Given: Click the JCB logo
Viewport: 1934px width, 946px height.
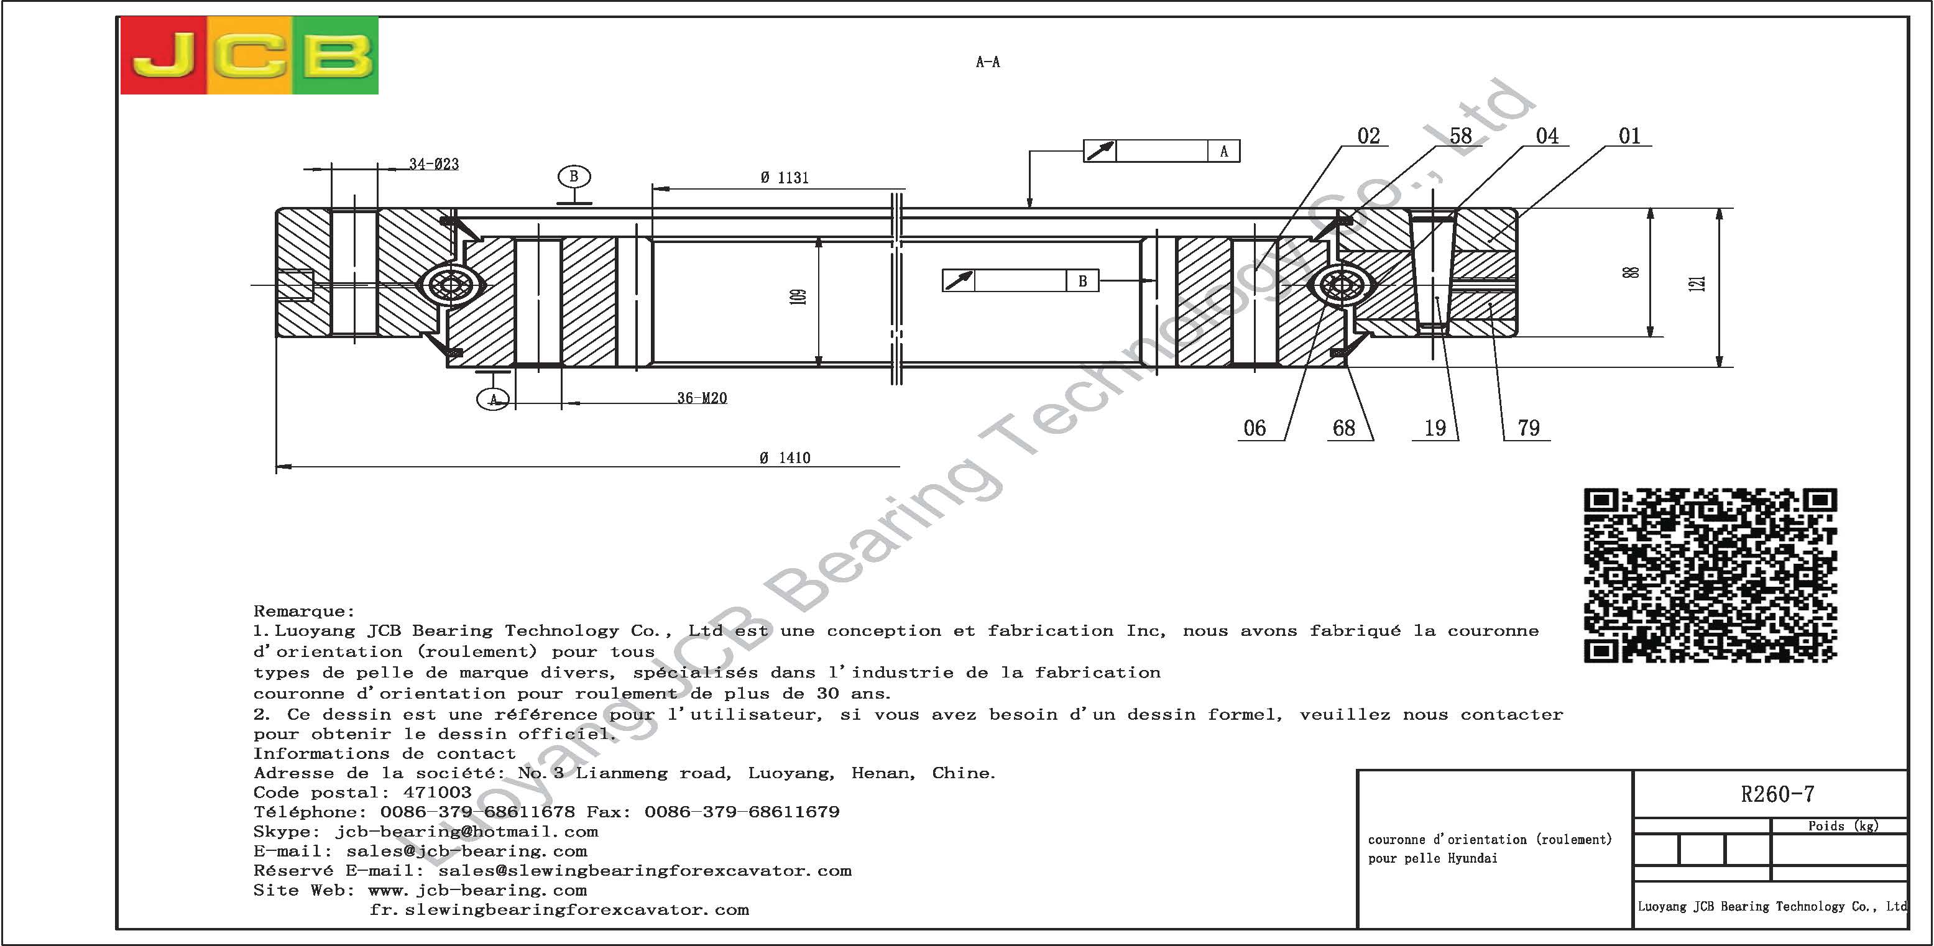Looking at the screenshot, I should (249, 55).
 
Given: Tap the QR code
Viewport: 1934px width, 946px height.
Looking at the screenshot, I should (1710, 575).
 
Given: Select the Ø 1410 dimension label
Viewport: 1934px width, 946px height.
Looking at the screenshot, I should (785, 458).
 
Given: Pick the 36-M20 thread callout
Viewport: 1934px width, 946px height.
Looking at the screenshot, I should (702, 398).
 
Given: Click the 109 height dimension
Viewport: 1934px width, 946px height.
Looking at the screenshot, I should (799, 297).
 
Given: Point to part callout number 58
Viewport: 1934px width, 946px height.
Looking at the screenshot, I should (1460, 136).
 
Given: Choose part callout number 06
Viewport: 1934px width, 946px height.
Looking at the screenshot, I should (1255, 428).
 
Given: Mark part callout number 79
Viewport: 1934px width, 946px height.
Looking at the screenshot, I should (1529, 428).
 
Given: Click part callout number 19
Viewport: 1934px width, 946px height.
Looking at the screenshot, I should (1435, 428).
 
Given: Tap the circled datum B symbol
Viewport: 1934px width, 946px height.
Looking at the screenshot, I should (574, 177).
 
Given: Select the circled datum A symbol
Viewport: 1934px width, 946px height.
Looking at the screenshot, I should (493, 398).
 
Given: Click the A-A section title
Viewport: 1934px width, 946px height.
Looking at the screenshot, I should (987, 62).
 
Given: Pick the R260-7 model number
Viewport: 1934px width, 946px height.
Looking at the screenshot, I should (1777, 794).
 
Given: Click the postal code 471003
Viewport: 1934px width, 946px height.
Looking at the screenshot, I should (437, 792).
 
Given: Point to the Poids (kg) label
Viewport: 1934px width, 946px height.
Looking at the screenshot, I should (1843, 826).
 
